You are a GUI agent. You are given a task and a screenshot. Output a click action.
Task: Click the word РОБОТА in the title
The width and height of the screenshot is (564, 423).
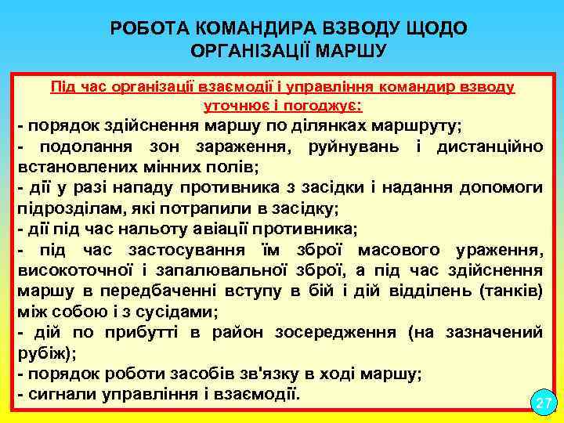coord(146,29)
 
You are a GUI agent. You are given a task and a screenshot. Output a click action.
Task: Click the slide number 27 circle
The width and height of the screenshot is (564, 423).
coord(543,403)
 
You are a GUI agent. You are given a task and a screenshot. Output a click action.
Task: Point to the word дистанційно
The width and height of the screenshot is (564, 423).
coord(490,146)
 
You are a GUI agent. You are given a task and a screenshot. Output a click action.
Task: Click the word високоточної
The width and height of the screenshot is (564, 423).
coord(77,271)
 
